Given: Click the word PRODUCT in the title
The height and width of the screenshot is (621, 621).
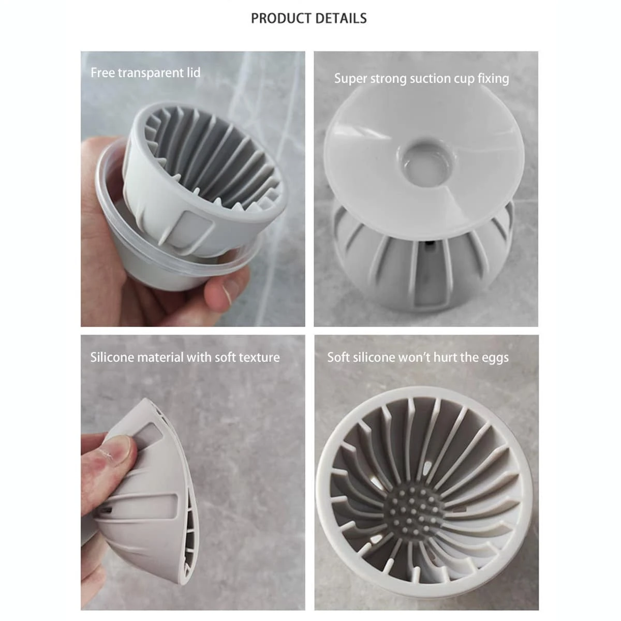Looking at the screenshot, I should (280, 18).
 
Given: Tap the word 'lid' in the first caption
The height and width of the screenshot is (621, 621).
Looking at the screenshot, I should (194, 72).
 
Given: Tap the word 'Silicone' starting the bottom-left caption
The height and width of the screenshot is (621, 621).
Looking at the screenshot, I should (111, 358).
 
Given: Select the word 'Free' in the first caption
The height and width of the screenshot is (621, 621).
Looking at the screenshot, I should (102, 73).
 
